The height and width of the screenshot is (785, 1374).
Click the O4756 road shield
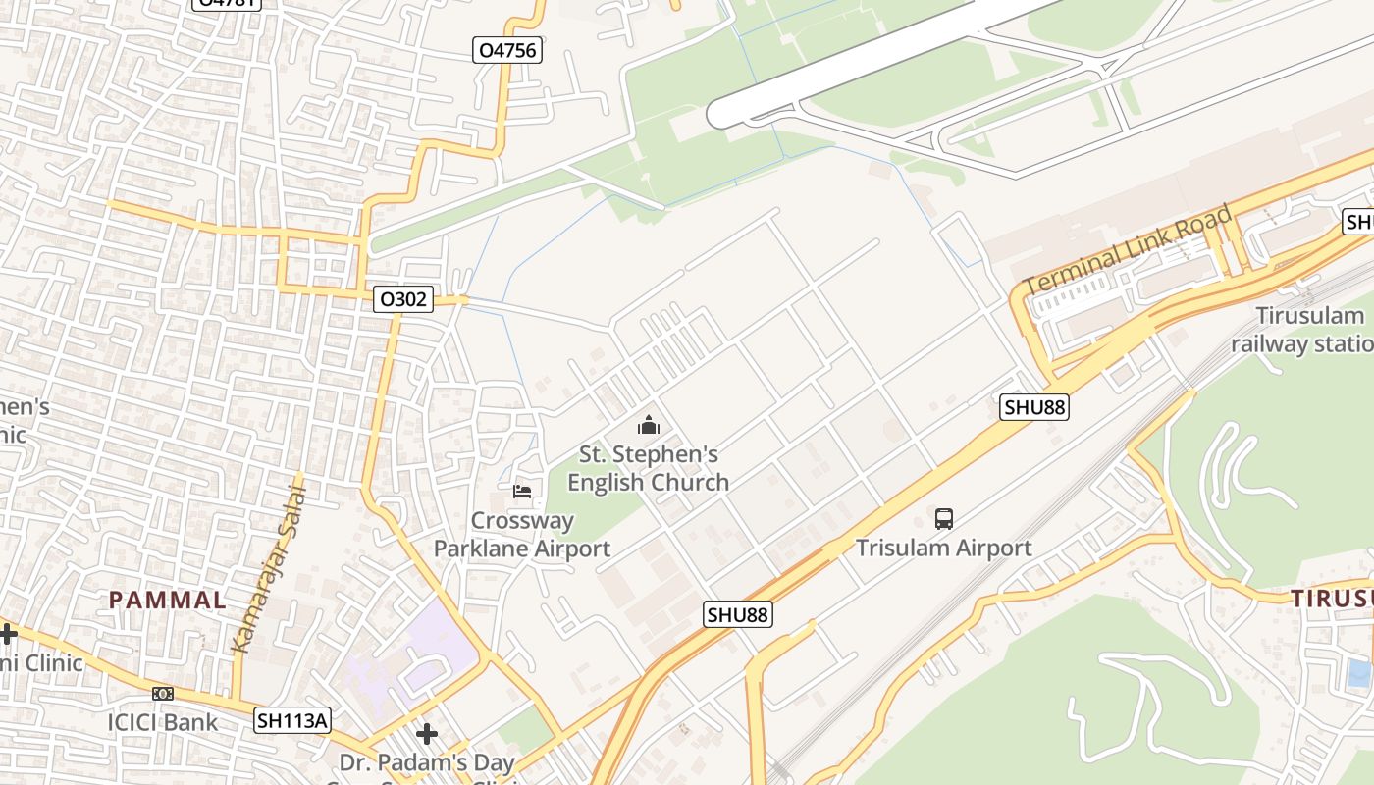(507, 50)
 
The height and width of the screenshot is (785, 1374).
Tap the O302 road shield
(403, 299)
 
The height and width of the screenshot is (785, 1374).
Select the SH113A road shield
(292, 720)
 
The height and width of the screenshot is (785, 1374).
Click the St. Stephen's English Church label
(648, 468)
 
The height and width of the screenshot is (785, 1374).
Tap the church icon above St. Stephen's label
(649, 426)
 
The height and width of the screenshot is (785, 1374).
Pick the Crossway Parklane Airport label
(522, 535)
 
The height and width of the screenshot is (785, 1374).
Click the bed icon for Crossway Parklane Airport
(522, 491)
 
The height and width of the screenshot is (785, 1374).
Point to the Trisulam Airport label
(943, 548)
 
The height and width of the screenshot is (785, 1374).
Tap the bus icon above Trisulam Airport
(944, 519)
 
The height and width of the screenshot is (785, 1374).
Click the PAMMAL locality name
(167, 600)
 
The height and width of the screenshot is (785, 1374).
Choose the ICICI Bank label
(163, 723)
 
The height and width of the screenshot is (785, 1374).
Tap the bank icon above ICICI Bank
(163, 694)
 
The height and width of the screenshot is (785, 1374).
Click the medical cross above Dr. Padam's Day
(426, 734)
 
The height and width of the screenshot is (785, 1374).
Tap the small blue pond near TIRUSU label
(1359, 672)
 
